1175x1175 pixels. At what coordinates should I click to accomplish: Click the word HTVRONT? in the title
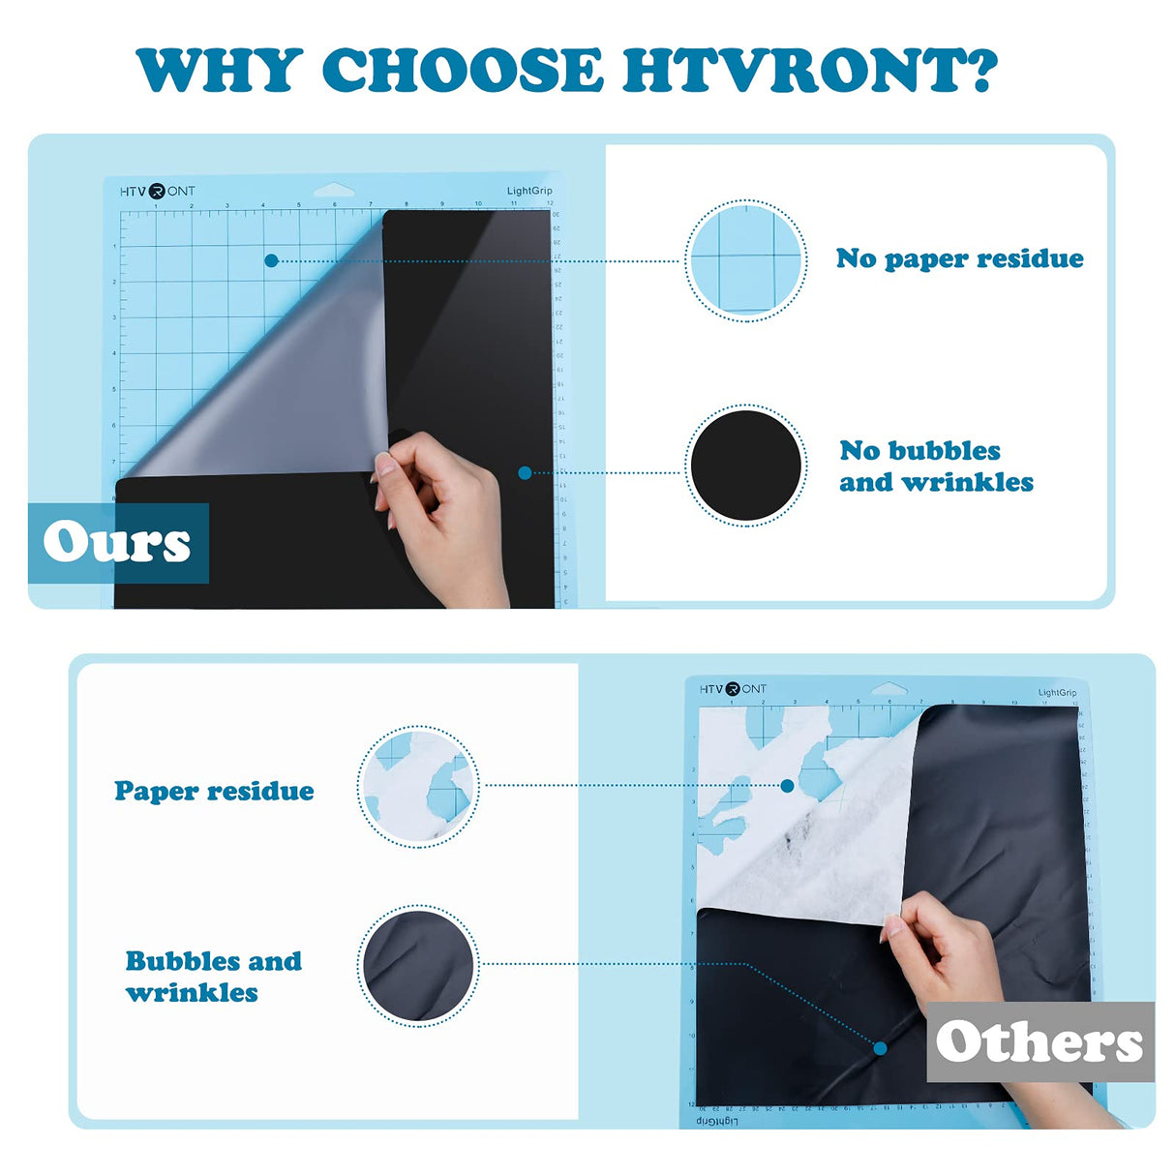point(809,70)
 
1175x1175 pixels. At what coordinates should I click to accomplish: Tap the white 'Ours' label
point(117,542)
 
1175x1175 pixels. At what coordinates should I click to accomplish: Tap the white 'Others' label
point(1039,1042)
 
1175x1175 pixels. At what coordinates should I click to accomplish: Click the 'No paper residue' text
point(959,258)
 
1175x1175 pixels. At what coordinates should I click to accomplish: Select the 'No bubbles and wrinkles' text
point(936,466)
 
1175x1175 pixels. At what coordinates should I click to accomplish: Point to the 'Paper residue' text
point(214,791)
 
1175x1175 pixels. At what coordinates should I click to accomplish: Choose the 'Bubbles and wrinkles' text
point(213,977)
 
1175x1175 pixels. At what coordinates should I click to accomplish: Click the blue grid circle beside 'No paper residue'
point(745,260)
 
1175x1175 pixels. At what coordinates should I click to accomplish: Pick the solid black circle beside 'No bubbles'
point(745,466)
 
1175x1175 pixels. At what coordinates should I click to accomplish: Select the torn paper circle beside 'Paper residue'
point(418,787)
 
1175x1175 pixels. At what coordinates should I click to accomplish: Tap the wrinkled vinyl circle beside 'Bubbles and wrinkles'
point(418,965)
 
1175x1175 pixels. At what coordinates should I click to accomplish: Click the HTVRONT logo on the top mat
point(157,191)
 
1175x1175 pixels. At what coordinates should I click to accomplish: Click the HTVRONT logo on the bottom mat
point(733,688)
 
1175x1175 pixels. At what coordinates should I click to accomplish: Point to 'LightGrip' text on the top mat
point(529,191)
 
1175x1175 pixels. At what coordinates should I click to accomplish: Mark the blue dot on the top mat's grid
point(271,260)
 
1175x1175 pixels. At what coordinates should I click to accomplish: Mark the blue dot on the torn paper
point(788,786)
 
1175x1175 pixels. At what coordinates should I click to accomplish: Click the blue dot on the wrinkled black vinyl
point(880,1048)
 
